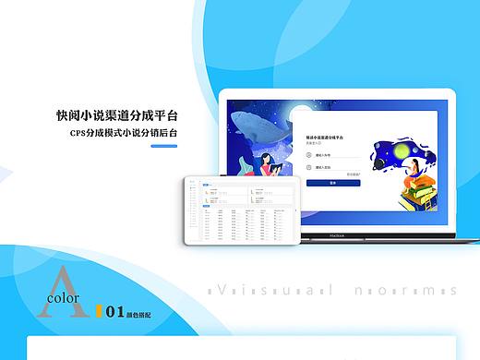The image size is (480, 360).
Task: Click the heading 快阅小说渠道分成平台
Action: pos(116,116)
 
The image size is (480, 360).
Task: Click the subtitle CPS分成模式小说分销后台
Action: pos(124,134)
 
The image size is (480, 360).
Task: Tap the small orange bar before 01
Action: pos(98,313)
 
